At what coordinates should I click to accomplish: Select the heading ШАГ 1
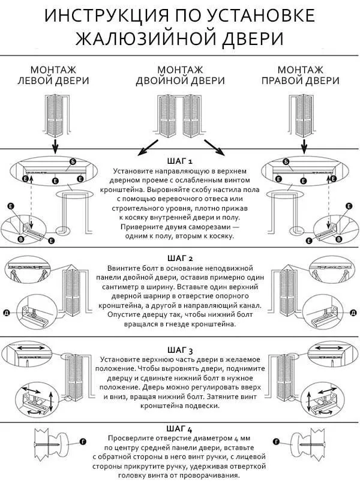coord(179,161)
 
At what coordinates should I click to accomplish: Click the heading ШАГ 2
coord(179,259)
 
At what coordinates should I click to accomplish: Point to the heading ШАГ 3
coord(179,350)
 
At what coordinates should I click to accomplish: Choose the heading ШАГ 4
coord(179,430)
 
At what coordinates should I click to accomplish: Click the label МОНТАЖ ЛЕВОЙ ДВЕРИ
coord(53,75)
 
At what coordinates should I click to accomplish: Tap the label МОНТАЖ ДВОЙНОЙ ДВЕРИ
coord(180,75)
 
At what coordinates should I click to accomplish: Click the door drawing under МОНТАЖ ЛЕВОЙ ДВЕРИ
coord(55,114)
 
